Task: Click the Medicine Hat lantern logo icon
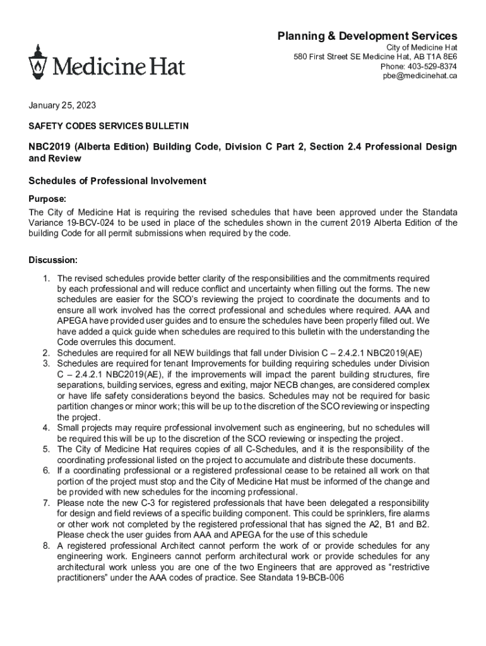pyautogui.click(x=38, y=61)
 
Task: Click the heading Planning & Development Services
pyautogui.click(x=367, y=36)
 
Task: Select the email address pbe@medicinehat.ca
pyautogui.click(x=420, y=76)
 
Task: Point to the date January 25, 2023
pyautogui.click(x=62, y=105)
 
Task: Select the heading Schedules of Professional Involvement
pyautogui.click(x=117, y=181)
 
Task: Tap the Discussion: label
pyautogui.click(x=54, y=260)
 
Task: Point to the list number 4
pyautogui.click(x=46, y=428)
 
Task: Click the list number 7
pyautogui.click(x=46, y=503)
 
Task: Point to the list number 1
pyautogui.click(x=46, y=278)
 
